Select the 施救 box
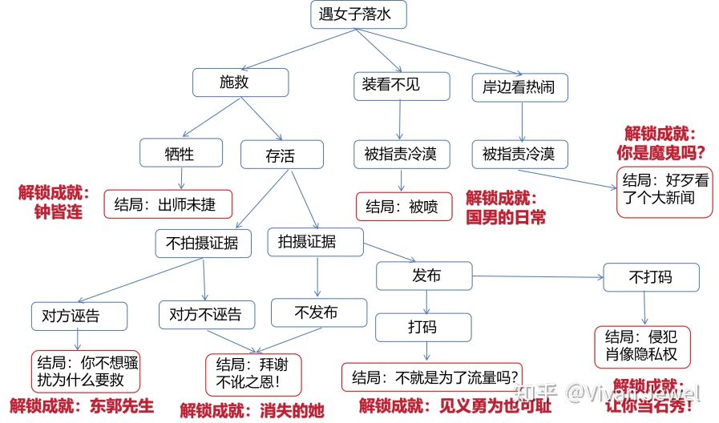[240, 83]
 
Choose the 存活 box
[281, 155]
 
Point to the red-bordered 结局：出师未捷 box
[168, 203]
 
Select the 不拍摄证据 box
[203, 244]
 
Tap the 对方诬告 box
[79, 315]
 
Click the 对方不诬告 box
[206, 314]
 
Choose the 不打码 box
[650, 277]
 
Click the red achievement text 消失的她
[292, 411]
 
